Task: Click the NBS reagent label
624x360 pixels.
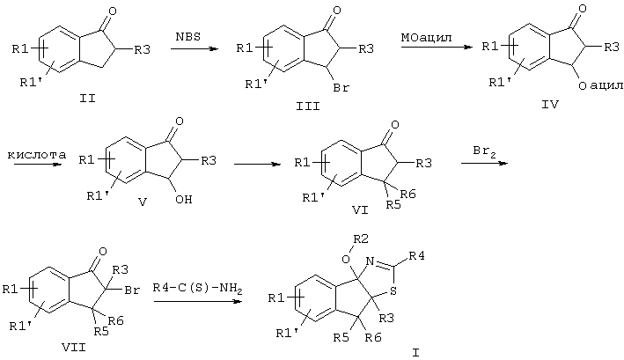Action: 187,37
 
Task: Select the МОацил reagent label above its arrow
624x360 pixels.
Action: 426,38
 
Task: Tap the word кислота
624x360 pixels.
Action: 37,154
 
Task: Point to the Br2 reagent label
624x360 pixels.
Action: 484,151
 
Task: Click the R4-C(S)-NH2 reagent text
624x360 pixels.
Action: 198,288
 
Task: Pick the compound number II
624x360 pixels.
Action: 87,98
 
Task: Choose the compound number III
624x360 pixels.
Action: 308,106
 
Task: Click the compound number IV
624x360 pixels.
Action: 550,104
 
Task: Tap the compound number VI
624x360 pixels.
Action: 360,209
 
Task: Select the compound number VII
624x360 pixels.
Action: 74,348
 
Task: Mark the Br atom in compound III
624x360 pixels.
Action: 341,87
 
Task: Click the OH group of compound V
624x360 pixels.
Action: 184,199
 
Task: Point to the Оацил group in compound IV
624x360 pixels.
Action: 600,85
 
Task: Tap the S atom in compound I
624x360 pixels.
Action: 393,291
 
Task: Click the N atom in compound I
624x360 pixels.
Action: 371,261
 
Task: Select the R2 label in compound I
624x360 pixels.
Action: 361,239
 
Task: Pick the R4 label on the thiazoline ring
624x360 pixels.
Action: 416,255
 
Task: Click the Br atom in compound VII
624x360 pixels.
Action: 132,290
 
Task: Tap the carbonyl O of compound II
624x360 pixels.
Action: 113,11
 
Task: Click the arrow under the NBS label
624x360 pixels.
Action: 195,49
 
